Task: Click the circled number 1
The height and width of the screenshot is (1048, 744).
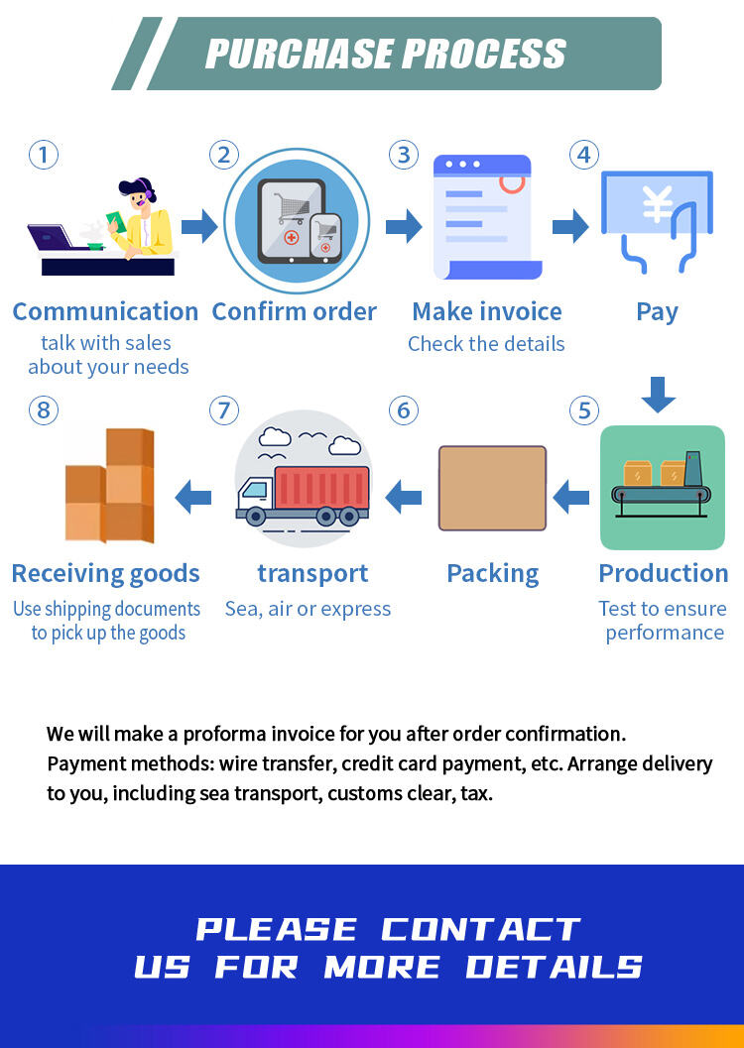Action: click(43, 155)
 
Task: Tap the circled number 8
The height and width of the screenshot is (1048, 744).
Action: click(43, 409)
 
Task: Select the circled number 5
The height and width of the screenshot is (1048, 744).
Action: click(583, 409)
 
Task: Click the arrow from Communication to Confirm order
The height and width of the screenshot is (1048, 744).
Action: click(199, 226)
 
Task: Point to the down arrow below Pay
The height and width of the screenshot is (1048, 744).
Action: click(658, 394)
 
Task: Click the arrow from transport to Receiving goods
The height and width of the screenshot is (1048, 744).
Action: click(193, 496)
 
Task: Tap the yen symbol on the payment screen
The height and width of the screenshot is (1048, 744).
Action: click(657, 204)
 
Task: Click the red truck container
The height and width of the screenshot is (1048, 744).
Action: click(320, 488)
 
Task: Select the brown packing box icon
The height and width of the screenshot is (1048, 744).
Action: click(492, 488)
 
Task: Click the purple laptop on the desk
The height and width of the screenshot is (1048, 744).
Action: click(51, 238)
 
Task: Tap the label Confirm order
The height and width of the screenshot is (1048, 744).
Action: click(295, 311)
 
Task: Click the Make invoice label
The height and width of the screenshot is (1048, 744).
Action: click(486, 311)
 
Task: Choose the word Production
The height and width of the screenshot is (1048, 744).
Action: click(663, 573)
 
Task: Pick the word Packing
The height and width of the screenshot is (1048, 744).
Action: click(492, 573)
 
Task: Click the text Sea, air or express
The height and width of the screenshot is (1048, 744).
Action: click(308, 609)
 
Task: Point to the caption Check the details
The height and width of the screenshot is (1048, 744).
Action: click(486, 344)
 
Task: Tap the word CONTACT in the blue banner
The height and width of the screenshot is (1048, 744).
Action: click(480, 929)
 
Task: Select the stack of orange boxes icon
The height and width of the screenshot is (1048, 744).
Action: click(109, 486)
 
